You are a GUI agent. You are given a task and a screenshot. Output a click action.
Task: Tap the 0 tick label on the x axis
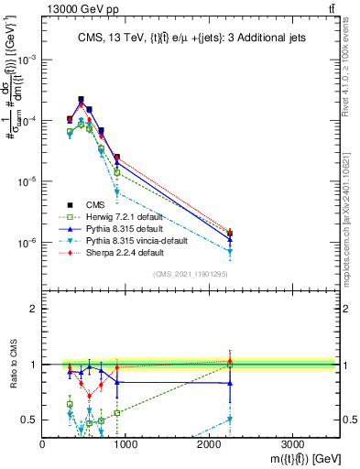[43, 442]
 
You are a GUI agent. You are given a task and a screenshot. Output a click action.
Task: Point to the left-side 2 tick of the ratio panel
[35, 309]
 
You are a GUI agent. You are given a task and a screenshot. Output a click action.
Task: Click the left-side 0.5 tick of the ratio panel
[31, 420]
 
